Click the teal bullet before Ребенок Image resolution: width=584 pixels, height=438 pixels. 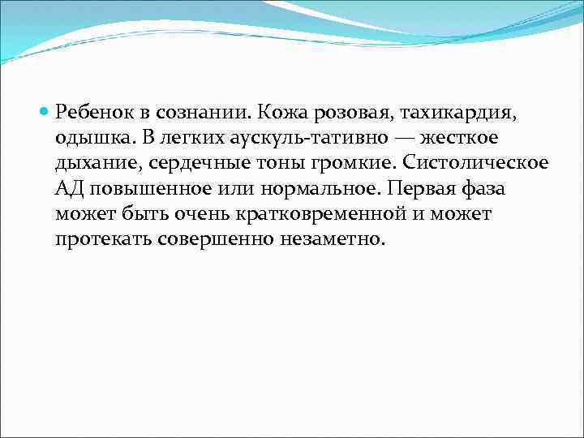click(45, 109)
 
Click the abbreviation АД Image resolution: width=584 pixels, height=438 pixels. click(71, 188)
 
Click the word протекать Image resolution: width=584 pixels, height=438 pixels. click(104, 240)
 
